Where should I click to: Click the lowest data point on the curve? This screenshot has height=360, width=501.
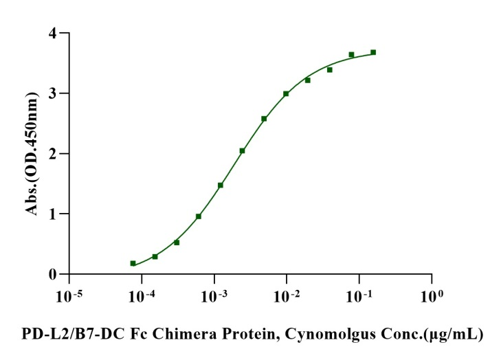click(133, 263)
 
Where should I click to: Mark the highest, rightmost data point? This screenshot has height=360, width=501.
click(373, 52)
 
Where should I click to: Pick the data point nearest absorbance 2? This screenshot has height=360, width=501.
click(242, 151)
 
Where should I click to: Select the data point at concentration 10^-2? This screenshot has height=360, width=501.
click(286, 93)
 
